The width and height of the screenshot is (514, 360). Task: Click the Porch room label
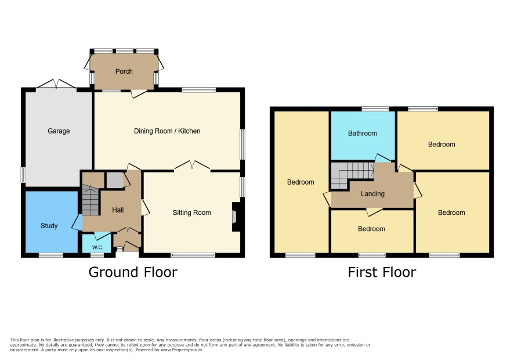124,71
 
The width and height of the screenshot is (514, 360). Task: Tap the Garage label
59,131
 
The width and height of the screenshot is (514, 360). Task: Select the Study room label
49,225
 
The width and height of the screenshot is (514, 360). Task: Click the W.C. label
97,247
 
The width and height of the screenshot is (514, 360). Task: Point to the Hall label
118,210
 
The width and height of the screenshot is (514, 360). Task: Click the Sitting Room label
192,213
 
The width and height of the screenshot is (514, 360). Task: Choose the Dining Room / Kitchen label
167,131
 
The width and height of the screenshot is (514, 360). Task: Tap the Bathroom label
363,133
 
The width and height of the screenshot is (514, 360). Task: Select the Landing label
372,193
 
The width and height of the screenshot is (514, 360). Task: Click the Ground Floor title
133,272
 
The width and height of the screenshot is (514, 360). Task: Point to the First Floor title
382,272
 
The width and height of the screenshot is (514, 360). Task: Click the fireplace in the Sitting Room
236,217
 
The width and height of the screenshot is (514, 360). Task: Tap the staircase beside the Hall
90,200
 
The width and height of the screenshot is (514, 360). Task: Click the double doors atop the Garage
56,84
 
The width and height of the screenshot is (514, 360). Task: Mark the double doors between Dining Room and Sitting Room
192,165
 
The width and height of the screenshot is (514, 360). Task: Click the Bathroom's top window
376,109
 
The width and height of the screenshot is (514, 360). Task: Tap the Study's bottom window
51,255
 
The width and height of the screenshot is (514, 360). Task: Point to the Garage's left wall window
23,175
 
